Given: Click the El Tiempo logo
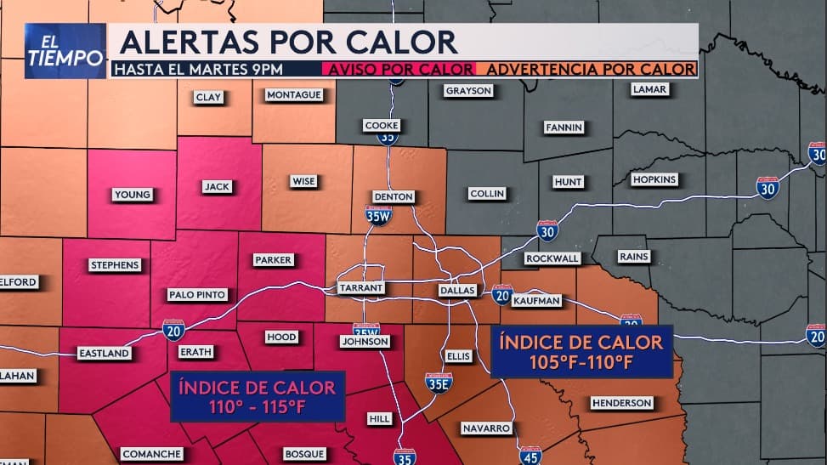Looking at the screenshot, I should [65, 51].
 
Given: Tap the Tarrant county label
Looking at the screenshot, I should [361, 288].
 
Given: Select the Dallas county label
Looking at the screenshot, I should [456, 290].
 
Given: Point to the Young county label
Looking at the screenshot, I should [132, 195].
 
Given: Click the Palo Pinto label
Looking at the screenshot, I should [197, 295].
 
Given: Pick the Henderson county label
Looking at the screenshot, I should [621, 403].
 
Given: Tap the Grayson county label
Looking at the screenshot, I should [468, 91].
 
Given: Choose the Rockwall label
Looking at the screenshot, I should [552, 258].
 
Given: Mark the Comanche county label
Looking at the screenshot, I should [151, 454].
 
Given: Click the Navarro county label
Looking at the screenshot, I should [486, 428].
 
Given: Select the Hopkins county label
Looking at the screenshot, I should [654, 179].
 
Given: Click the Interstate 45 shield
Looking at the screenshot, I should [530, 455].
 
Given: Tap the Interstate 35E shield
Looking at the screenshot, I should [439, 383].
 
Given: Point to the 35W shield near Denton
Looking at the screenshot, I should [378, 214].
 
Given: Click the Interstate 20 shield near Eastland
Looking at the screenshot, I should [173, 330].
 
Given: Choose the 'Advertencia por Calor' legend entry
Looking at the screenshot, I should [587, 69].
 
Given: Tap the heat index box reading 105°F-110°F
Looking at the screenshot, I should [581, 351].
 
